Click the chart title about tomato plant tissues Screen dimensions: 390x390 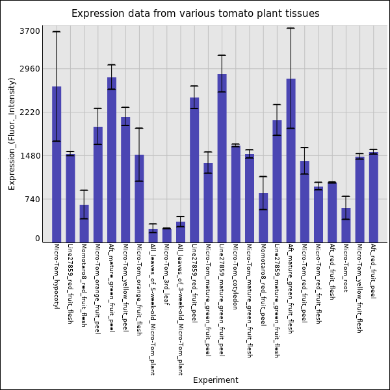pos(195,14)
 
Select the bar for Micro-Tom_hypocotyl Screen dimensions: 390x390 pos(57,162)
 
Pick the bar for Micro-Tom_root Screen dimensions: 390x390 pos(346,224)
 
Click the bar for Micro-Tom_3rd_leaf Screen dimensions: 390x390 pos(167,235)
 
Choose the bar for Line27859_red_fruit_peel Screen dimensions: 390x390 pos(194,169)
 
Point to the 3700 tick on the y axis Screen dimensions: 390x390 pos(30,31)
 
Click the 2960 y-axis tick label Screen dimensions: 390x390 pos(30,69)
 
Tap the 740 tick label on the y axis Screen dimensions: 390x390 pos(32,200)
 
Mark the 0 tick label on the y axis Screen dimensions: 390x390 pos(38,239)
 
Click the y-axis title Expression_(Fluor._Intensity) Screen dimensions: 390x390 pos(12,133)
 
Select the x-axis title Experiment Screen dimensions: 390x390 pos(215,380)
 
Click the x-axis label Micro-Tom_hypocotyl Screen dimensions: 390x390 pos(56,276)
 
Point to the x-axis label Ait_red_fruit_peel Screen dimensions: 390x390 pos(372,271)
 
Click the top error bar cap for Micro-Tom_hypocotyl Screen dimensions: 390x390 pos(57,32)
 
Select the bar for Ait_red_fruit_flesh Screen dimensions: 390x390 pos(332,212)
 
